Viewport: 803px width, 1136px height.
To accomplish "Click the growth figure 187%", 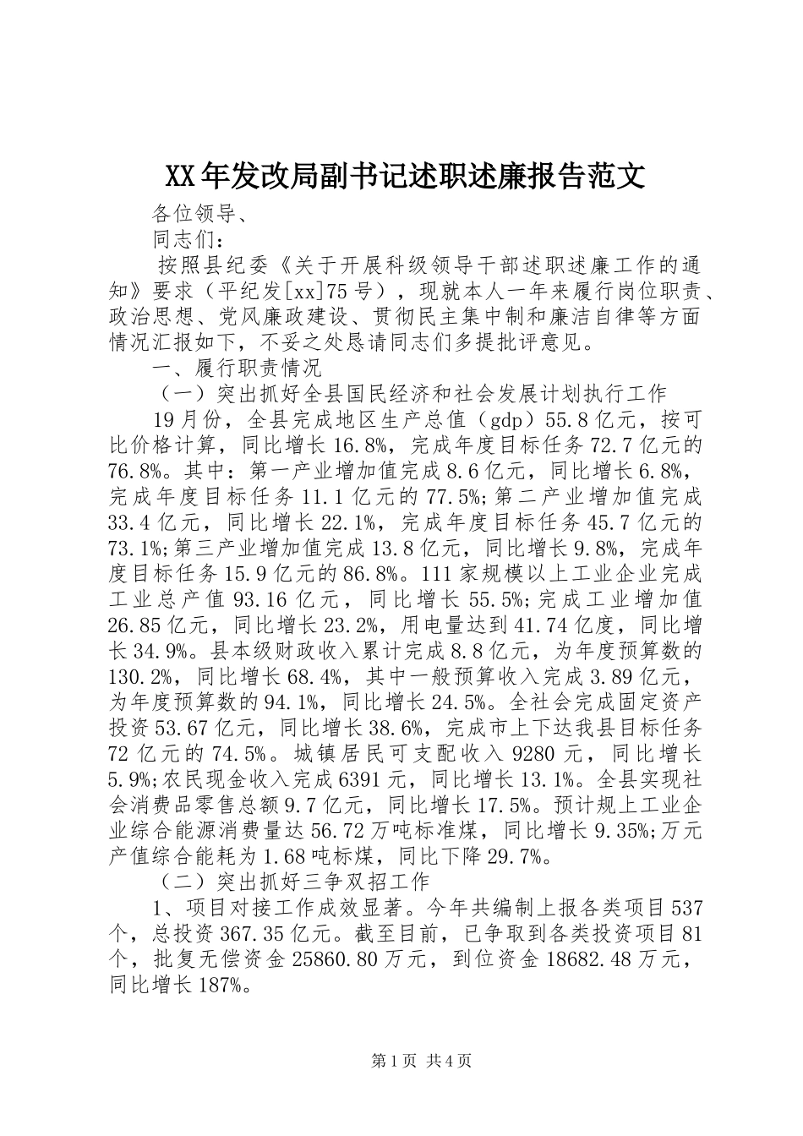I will (224, 985).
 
